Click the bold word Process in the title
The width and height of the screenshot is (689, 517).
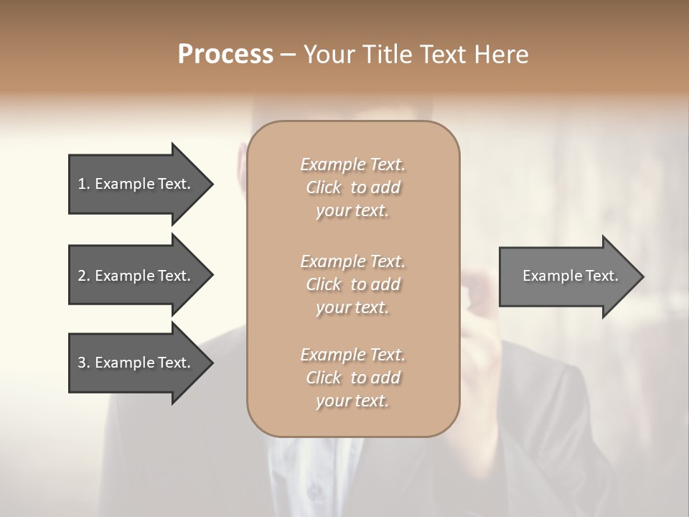pyautogui.click(x=225, y=55)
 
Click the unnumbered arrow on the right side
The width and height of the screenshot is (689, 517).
pyautogui.click(x=567, y=276)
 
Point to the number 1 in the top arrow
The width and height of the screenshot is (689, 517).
pyautogui.click(x=81, y=185)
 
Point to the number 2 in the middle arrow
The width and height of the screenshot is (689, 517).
pyautogui.click(x=82, y=276)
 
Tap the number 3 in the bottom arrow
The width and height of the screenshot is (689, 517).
pyautogui.click(x=82, y=363)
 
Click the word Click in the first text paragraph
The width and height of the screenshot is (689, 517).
pyautogui.click(x=324, y=187)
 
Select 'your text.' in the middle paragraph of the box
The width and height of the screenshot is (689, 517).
pyautogui.click(x=352, y=307)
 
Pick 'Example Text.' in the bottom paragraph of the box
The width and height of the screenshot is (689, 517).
pyautogui.click(x=352, y=355)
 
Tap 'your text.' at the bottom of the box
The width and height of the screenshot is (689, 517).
pyautogui.click(x=352, y=401)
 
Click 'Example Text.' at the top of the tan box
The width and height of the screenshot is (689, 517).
pyautogui.click(x=352, y=164)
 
